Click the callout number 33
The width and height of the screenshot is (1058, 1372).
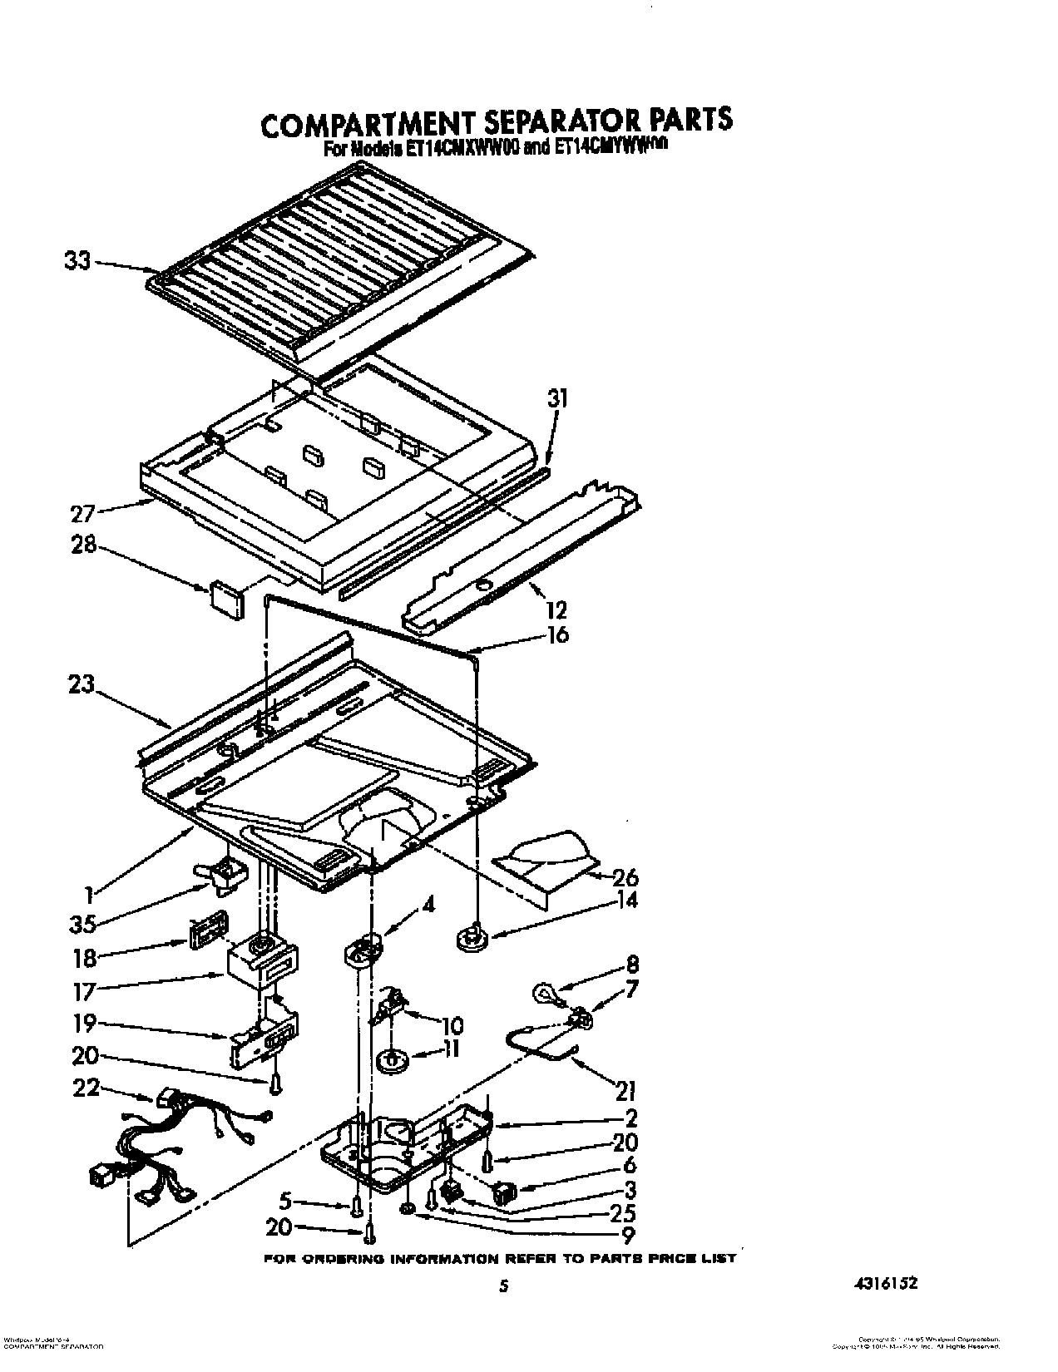[77, 260]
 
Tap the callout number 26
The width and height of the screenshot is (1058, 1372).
[624, 876]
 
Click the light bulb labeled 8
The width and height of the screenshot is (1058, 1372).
[544, 991]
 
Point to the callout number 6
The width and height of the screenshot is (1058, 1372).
[630, 1165]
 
